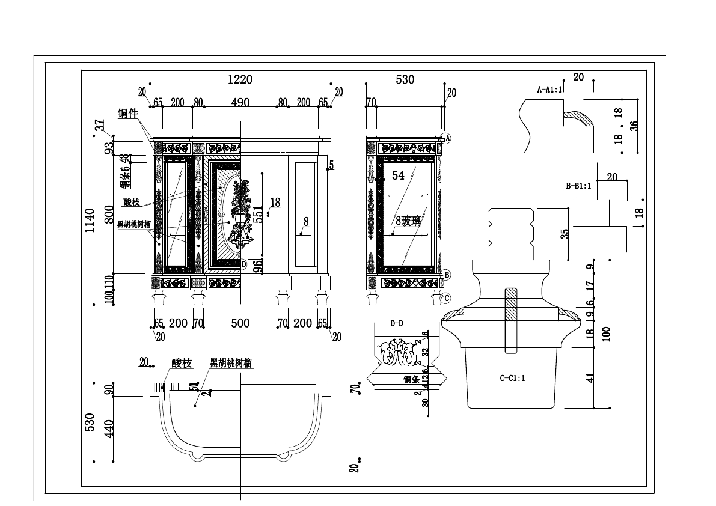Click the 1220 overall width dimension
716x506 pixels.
(239, 79)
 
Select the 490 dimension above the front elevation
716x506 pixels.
(240, 102)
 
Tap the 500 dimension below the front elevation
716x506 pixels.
(240, 323)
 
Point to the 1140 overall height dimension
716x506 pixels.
(89, 221)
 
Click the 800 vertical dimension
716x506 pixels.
(109, 214)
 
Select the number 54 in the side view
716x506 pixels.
(398, 175)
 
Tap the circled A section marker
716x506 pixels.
(447, 138)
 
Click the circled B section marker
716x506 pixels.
(447, 275)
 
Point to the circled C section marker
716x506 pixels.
(447, 297)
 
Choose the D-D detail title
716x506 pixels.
(397, 324)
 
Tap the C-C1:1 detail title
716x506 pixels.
(513, 378)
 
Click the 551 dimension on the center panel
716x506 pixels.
(257, 215)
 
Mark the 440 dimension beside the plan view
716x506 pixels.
(109, 428)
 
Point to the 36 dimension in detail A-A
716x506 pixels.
(634, 126)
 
